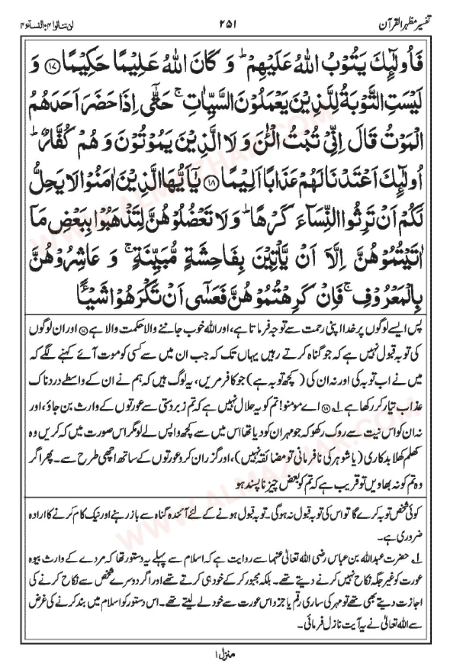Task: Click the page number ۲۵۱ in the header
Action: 229,23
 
